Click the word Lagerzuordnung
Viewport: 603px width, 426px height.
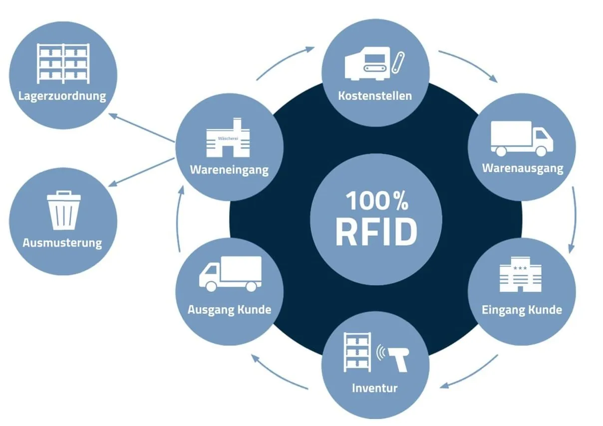coord(62,95)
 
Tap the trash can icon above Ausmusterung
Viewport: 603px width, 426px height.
coord(63,210)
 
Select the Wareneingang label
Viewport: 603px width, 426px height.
coord(229,170)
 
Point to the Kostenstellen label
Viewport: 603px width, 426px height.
coord(375,95)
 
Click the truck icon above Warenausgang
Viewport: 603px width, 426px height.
coord(522,138)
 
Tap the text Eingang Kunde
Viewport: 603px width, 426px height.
coord(522,310)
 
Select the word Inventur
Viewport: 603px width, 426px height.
coord(375,388)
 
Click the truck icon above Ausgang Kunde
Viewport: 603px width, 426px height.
coord(230,274)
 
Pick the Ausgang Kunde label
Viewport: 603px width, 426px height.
coord(229,310)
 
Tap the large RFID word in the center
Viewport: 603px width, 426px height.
coord(376,232)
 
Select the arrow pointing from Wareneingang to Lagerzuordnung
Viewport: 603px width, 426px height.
coord(141,127)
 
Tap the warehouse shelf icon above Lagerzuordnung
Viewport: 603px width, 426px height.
coord(63,63)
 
